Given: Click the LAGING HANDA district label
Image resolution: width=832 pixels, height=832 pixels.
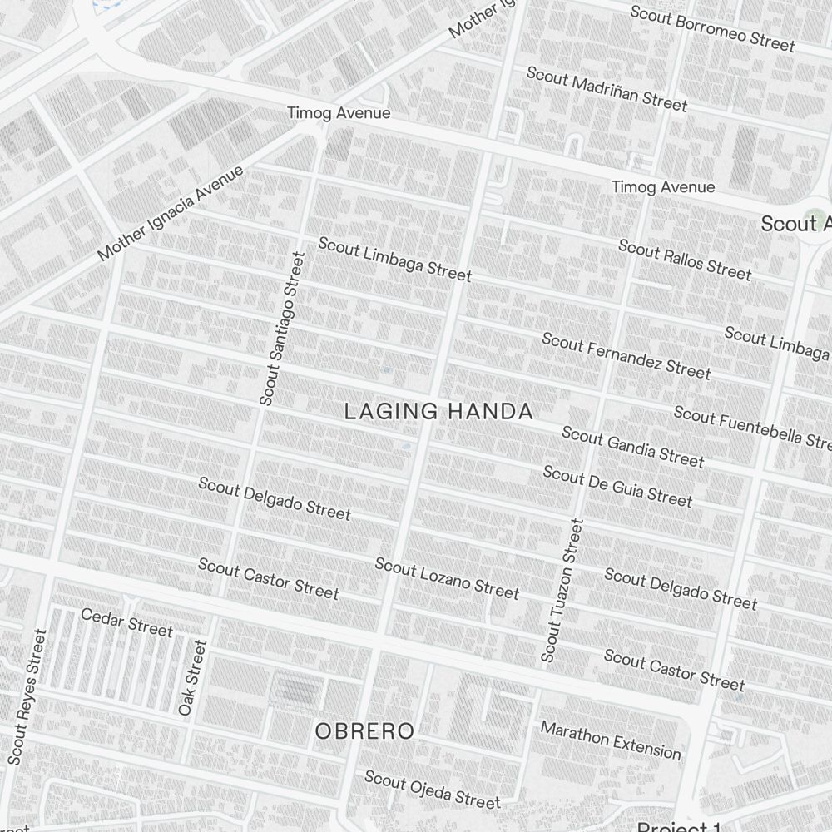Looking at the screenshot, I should (438, 411).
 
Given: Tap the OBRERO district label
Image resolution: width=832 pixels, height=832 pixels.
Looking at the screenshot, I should (364, 731).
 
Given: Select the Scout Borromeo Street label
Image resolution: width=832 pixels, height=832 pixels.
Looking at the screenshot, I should (712, 28).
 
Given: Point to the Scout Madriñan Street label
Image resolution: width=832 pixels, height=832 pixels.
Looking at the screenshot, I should (607, 89).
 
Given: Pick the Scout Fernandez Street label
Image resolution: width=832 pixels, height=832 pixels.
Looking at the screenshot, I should (626, 355).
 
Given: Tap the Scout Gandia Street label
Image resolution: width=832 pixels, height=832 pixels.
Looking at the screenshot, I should (632, 447).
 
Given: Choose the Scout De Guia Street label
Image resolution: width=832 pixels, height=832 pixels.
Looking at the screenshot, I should (617, 486).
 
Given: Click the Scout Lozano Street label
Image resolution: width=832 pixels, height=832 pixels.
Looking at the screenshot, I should (447, 578).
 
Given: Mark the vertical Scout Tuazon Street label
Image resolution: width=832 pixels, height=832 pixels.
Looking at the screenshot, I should (563, 591).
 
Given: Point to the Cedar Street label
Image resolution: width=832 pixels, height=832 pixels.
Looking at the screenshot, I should (126, 622).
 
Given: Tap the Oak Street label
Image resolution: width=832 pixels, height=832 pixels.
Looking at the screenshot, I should (192, 677).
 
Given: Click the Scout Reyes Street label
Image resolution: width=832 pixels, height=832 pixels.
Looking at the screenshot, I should (27, 696).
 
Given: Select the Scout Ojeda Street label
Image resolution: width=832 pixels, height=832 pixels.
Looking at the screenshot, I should (433, 790).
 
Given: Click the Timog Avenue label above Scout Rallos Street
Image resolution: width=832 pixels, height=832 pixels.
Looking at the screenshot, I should (663, 187).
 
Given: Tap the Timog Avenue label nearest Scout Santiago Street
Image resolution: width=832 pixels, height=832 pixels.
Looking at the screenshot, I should (339, 113).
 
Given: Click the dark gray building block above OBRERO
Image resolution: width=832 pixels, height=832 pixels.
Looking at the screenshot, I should (297, 690).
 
